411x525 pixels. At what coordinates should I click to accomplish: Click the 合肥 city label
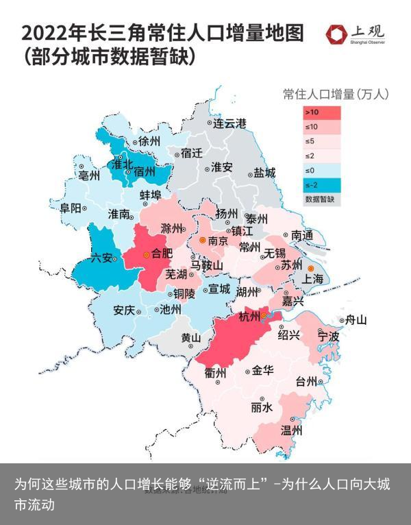[x=162, y=254]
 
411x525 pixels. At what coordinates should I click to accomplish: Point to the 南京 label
[x=218, y=241]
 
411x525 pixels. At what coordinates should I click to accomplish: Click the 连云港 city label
[x=229, y=124]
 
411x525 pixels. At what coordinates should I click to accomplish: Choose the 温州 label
[x=292, y=430]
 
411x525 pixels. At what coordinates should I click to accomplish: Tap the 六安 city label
[x=101, y=258]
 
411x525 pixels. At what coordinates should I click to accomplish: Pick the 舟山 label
[x=356, y=319]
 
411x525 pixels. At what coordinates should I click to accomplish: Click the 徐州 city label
[x=149, y=141]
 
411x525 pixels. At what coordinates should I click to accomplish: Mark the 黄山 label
[x=190, y=338]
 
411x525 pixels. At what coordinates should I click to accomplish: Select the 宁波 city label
[x=328, y=337]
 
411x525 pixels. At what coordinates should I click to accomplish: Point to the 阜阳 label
[x=71, y=207]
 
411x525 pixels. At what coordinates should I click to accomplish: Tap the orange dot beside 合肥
[x=146, y=254]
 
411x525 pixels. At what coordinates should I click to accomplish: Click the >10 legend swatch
[x=321, y=112]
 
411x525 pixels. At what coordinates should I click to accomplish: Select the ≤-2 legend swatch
[x=321, y=185]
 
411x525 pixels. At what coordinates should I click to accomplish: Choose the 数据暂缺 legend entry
[x=323, y=199]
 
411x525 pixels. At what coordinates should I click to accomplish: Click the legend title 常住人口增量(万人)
[x=336, y=94]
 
